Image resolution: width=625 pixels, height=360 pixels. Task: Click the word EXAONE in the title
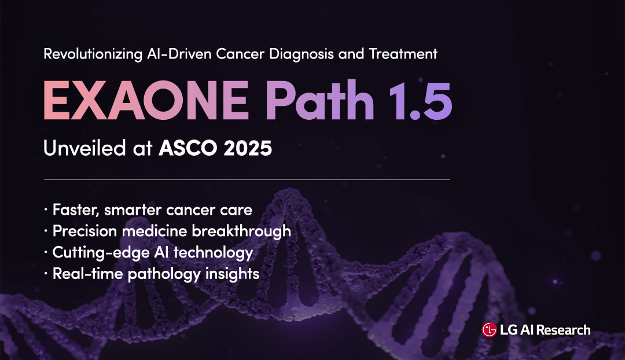(x=146, y=100)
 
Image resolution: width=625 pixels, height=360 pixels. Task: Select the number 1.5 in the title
(x=420, y=101)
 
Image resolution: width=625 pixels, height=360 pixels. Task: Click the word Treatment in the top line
(x=403, y=54)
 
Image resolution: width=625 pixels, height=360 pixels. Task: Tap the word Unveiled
(x=84, y=148)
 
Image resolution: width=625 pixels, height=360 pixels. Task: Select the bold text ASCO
(x=187, y=148)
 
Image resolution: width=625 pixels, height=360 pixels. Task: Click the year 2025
(x=248, y=148)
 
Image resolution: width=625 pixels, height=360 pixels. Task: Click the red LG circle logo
(x=489, y=330)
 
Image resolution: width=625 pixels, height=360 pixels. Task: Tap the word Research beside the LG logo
(x=563, y=330)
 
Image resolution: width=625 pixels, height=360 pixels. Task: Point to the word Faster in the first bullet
(x=76, y=210)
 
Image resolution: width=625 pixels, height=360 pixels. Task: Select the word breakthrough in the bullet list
(x=241, y=232)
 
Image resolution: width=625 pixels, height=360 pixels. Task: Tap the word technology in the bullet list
(x=213, y=253)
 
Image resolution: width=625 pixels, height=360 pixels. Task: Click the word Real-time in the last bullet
(x=88, y=274)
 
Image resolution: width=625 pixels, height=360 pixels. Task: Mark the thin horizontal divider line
(x=247, y=179)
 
